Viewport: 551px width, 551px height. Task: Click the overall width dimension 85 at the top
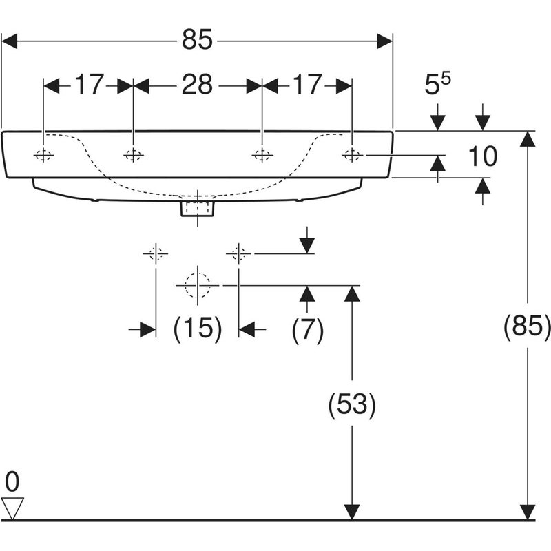pyautogui.click(x=198, y=42)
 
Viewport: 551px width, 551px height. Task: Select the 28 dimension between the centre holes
pyautogui.click(x=197, y=85)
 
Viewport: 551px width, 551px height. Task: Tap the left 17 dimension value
pyautogui.click(x=89, y=85)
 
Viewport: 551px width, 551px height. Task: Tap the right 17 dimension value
pyautogui.click(x=307, y=85)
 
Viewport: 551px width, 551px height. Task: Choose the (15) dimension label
pyautogui.click(x=197, y=330)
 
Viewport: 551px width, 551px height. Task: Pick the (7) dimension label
pyautogui.click(x=307, y=330)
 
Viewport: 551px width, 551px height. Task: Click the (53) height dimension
pyautogui.click(x=351, y=406)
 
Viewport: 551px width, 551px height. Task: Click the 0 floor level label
pyautogui.click(x=12, y=480)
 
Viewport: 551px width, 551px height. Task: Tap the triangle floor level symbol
pyautogui.click(x=12, y=508)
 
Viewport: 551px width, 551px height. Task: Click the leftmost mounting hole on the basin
pyautogui.click(x=43, y=156)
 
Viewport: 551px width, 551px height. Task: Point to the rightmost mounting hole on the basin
pyautogui.click(x=352, y=156)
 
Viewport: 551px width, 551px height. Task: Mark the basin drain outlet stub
pyautogui.click(x=198, y=206)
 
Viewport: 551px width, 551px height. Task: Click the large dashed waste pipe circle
pyautogui.click(x=198, y=284)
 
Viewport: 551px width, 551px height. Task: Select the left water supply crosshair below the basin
pyautogui.click(x=156, y=253)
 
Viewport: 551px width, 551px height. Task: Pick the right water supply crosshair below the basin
pyautogui.click(x=238, y=253)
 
